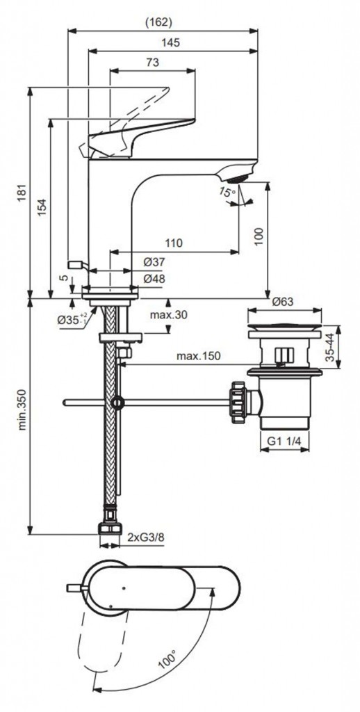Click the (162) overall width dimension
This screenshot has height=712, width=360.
(x=158, y=22)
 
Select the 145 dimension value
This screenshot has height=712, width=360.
(x=171, y=42)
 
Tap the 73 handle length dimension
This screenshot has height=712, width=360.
(x=152, y=63)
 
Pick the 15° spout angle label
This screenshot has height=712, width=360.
(x=227, y=192)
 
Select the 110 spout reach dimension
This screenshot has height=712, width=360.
(x=174, y=243)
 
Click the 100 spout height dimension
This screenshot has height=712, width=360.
(x=259, y=236)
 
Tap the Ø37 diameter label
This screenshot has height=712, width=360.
(x=154, y=262)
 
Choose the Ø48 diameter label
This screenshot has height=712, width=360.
(x=154, y=279)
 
